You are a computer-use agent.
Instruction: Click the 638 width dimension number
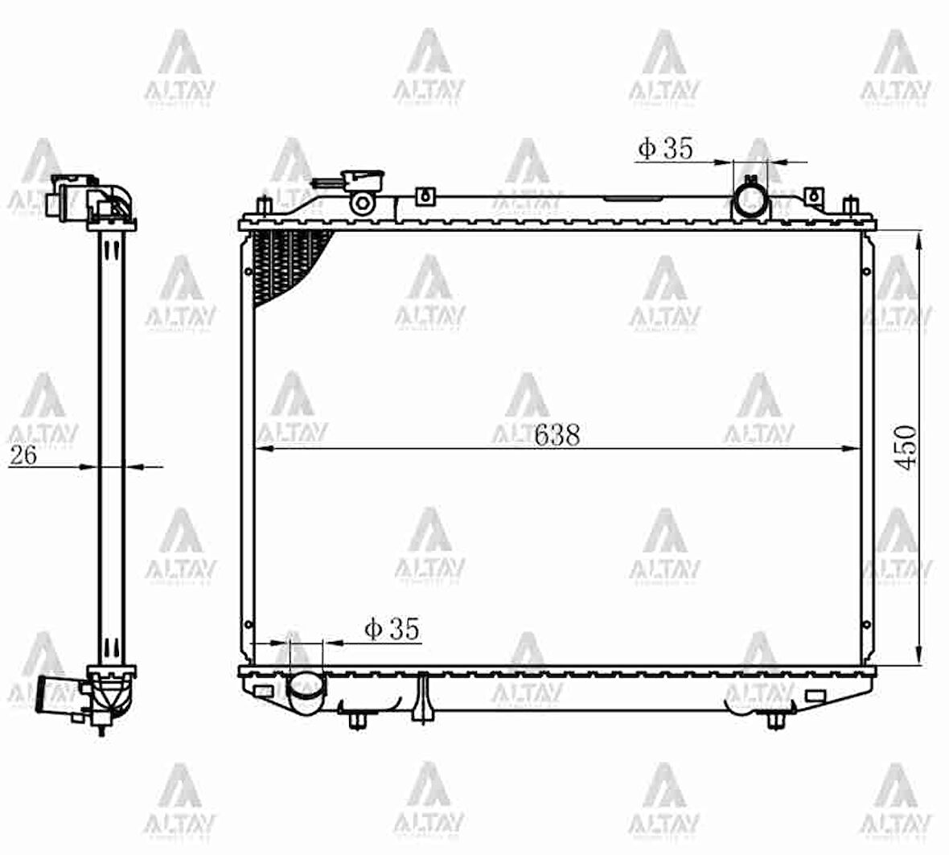(x=557, y=434)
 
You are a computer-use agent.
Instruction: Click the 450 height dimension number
(x=907, y=447)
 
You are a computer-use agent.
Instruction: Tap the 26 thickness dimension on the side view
(x=23, y=455)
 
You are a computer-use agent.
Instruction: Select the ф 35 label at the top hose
(x=665, y=148)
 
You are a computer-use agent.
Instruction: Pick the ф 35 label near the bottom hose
(x=392, y=629)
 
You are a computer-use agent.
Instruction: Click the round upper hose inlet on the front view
(x=750, y=199)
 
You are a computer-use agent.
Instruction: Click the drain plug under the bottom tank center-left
(x=422, y=699)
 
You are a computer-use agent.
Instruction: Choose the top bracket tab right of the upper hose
(x=814, y=195)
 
